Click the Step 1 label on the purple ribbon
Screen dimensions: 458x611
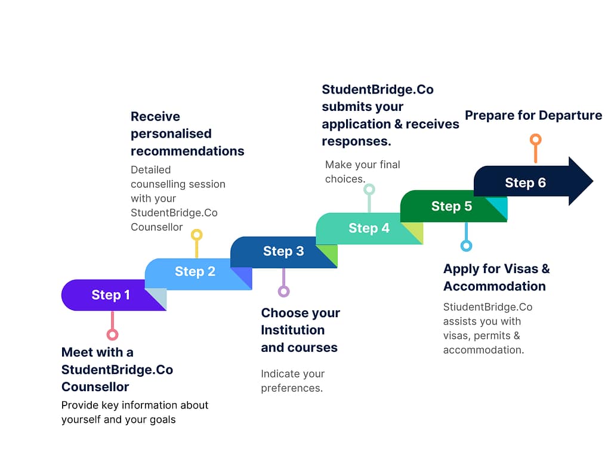coord(110,295)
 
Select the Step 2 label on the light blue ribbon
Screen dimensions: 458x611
coord(195,272)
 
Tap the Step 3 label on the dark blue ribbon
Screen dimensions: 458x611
coord(283,252)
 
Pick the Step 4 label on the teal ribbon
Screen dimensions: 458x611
coord(369,228)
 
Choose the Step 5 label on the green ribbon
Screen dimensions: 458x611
coord(452,206)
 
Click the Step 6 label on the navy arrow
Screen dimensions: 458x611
coord(525,183)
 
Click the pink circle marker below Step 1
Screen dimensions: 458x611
coord(112,335)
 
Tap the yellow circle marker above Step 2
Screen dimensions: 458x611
coord(196,235)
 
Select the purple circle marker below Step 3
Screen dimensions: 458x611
coord(283,291)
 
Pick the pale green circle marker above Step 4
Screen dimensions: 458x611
coord(369,190)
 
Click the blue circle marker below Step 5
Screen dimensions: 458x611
coord(467,246)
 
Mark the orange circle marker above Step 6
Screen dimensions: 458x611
coord(536,140)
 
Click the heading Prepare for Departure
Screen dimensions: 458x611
coord(533,115)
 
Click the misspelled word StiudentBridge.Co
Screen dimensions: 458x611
coord(487,307)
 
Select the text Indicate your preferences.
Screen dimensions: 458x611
coord(292,381)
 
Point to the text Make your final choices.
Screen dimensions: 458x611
coord(362,172)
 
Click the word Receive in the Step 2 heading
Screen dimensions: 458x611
coord(155,117)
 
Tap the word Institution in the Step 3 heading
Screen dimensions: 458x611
coord(292,330)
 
